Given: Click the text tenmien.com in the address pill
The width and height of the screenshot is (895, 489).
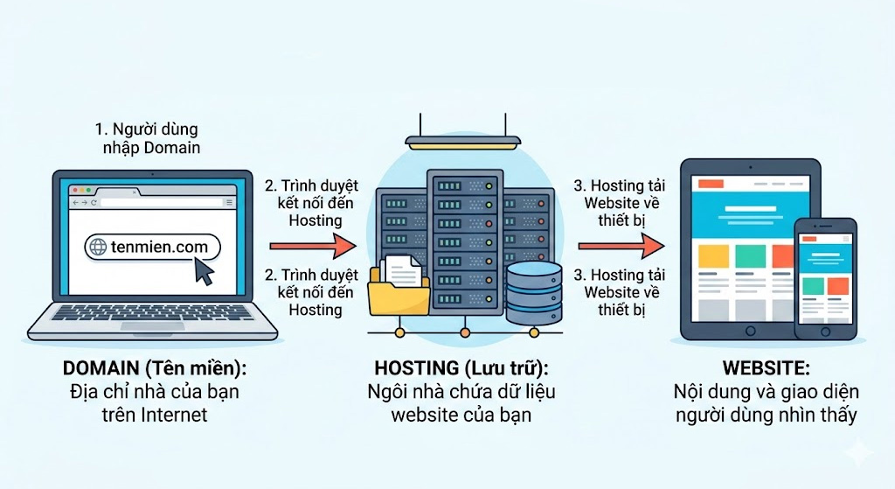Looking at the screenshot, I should [x=159, y=247].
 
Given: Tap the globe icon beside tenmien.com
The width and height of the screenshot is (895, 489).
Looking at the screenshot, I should [x=98, y=247].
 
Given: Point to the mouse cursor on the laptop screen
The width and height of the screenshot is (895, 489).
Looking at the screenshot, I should [x=204, y=272].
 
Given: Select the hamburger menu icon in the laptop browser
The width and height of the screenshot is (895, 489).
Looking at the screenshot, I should [x=228, y=202].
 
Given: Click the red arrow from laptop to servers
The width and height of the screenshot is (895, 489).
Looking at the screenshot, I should [x=313, y=247].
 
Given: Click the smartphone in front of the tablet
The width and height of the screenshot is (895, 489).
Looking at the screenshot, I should [x=825, y=277].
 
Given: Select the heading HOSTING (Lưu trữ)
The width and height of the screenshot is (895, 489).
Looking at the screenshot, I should [x=461, y=367].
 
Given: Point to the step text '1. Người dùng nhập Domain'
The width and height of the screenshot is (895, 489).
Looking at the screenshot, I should [x=147, y=138].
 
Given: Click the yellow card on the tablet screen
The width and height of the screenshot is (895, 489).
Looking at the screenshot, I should [x=714, y=255].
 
